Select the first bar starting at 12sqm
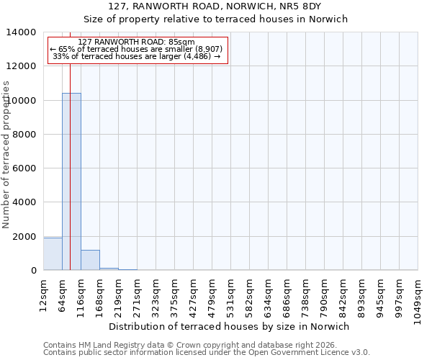point(53,254)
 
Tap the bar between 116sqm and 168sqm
point(90,261)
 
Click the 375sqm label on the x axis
point(174,294)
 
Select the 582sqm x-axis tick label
point(249,294)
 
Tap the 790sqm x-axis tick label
point(324,294)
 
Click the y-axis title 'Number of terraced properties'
point(6,154)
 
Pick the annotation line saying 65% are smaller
point(136,49)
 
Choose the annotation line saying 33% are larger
point(136,56)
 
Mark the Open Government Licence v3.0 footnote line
point(207,353)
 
